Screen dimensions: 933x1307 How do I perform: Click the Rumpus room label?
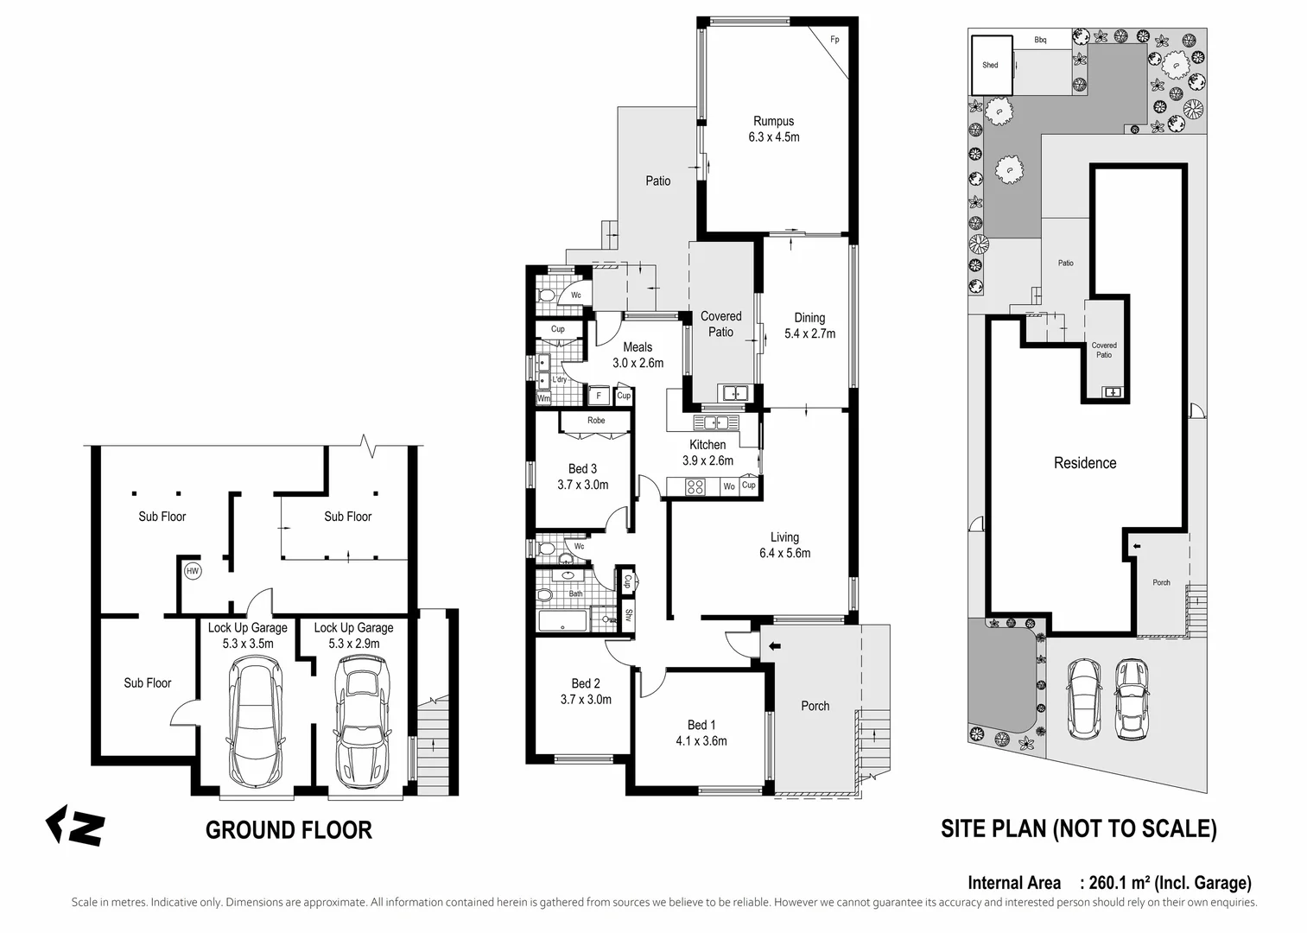773,122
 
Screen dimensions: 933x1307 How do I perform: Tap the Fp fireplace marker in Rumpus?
834,40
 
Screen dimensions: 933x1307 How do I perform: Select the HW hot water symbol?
192,571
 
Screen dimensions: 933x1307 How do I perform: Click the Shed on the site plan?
991,65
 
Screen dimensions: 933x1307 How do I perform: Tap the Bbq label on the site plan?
1040,40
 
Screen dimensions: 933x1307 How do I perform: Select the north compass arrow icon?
75,827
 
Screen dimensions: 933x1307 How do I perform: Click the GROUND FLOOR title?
289,830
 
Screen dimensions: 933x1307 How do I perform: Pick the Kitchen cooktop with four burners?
695,486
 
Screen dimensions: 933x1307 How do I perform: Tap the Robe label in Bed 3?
596,421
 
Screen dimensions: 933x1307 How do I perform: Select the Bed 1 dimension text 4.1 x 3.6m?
701,740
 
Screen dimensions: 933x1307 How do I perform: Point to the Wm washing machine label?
543,399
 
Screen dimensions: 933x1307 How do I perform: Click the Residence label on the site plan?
1085,463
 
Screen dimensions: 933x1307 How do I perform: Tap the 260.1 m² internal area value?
1120,883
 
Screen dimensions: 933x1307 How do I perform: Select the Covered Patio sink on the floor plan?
734,393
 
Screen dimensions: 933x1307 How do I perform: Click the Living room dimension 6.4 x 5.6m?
784,553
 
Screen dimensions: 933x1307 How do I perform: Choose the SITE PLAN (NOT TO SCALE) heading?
1078,829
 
